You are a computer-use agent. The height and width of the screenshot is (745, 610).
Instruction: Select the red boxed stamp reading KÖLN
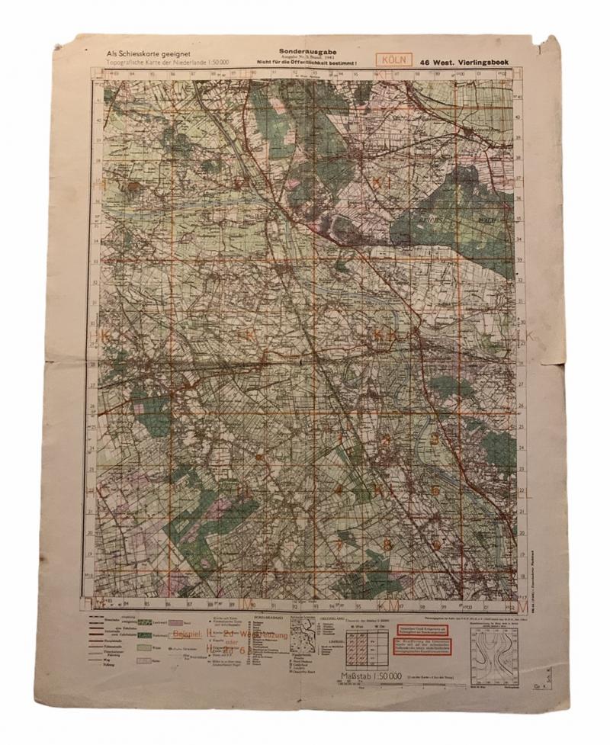[x=393, y=58]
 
